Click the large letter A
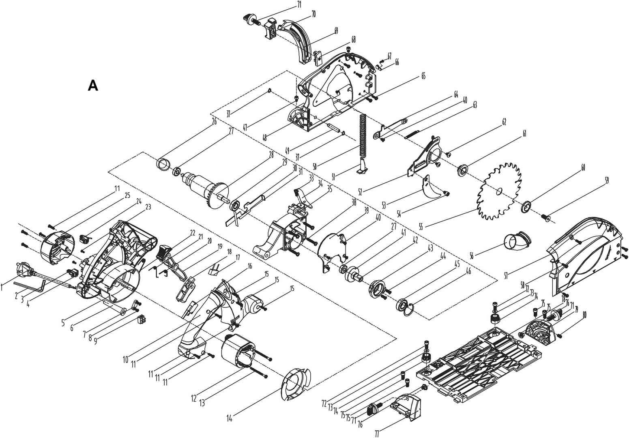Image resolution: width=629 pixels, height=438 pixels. click(x=93, y=86)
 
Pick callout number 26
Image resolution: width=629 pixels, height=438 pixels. click(x=214, y=121)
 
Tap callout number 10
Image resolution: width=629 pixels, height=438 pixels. click(x=126, y=359)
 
